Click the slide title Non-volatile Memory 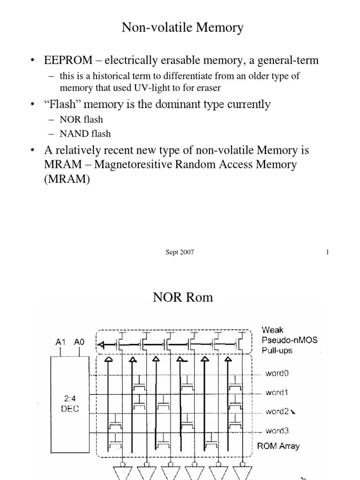click(x=182, y=28)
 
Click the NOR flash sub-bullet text click(x=81, y=119)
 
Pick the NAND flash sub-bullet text click(x=85, y=134)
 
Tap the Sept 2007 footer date click(x=180, y=252)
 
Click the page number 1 click(x=328, y=252)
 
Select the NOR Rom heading click(x=183, y=297)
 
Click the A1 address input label click(x=60, y=342)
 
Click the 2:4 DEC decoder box click(x=69, y=403)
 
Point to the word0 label click(x=277, y=373)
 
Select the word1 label click(x=277, y=392)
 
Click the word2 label click(x=277, y=412)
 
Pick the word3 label click(x=277, y=430)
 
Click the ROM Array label click(x=278, y=446)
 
